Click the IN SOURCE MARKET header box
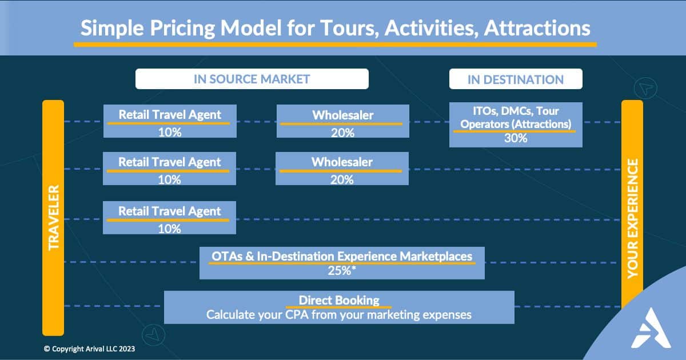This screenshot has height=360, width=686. point(252,79)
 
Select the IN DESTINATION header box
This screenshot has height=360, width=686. point(516,79)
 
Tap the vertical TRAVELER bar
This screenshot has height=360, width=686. point(53,218)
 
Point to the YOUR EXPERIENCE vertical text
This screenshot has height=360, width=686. point(632,218)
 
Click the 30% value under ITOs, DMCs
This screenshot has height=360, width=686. point(516,138)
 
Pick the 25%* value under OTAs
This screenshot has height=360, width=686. point(342,271)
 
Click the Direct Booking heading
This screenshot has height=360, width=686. point(339,301)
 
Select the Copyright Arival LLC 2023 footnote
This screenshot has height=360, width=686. point(89,349)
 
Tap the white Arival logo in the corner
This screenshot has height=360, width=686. point(651,328)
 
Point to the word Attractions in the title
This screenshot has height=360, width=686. point(537,28)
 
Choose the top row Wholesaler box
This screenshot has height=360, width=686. point(342,121)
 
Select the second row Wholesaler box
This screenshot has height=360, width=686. point(342,169)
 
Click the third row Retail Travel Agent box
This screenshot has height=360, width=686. point(169,218)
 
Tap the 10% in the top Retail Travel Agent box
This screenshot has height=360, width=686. point(170,133)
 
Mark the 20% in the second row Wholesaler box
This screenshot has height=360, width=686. point(342,179)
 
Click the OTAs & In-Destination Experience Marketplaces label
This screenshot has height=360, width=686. point(342,256)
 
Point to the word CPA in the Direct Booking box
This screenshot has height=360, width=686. point(297,315)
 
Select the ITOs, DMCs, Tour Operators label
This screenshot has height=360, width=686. point(516,118)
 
